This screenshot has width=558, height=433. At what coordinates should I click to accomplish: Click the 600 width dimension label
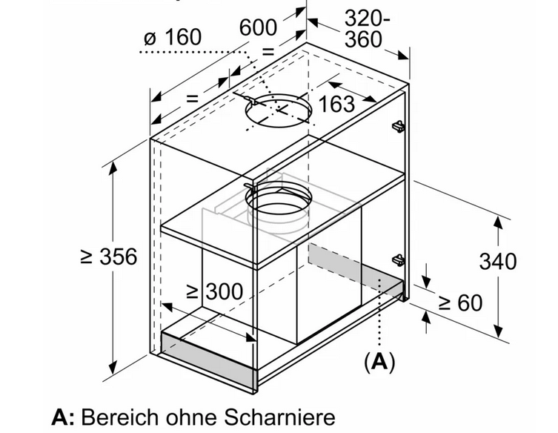(x=258, y=28)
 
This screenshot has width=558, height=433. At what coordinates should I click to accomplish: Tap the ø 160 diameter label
(x=171, y=36)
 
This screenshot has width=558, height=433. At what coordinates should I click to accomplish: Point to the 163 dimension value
(x=336, y=104)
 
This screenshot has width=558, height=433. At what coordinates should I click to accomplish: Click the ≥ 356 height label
(x=109, y=257)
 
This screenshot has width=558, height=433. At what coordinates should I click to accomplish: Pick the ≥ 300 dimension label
(x=214, y=291)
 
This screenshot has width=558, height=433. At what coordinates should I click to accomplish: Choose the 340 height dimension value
(x=497, y=262)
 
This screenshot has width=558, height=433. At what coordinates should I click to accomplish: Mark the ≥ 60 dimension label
(x=460, y=303)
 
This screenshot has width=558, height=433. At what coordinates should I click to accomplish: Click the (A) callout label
(x=379, y=363)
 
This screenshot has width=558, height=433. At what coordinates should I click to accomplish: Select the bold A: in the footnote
(x=62, y=415)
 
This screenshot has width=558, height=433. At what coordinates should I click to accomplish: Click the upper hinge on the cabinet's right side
(x=399, y=127)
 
